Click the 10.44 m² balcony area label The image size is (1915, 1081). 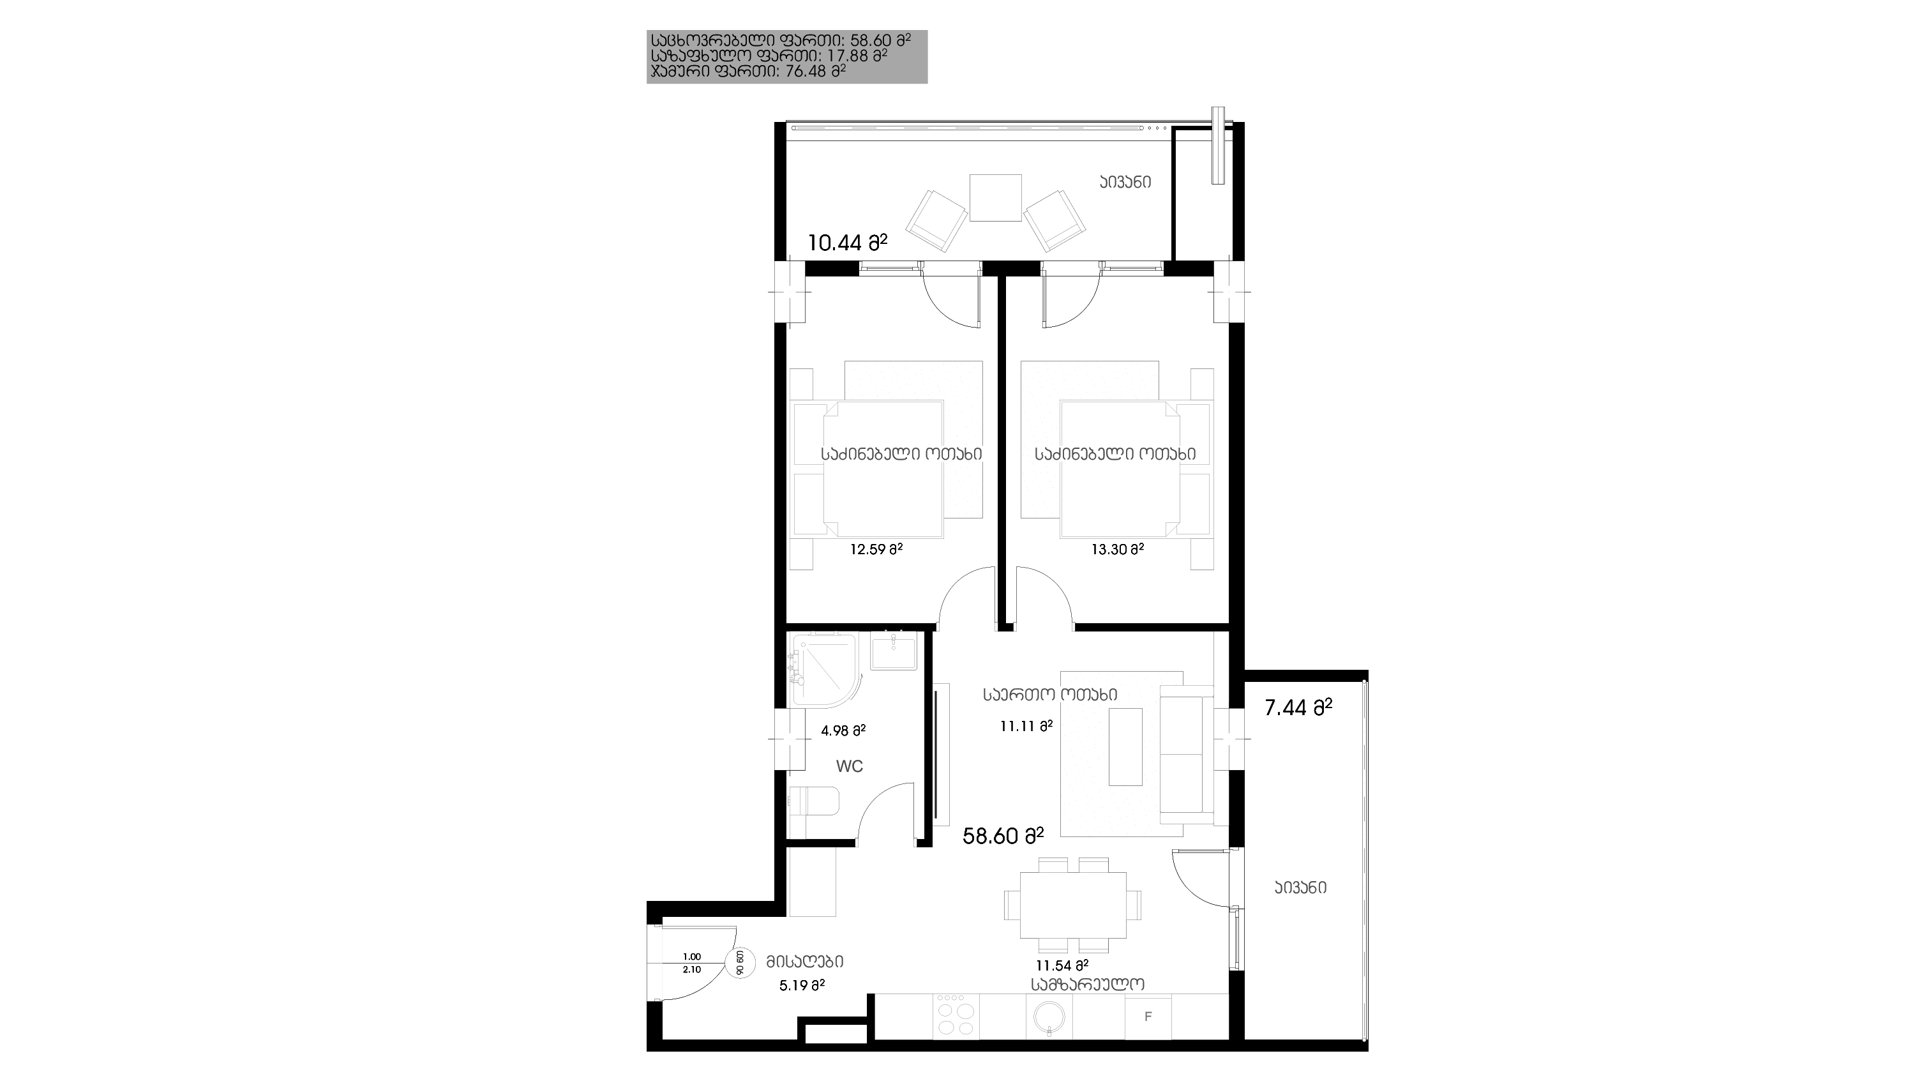pyautogui.click(x=848, y=243)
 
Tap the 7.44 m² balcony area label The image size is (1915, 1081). pyautogui.click(x=1298, y=707)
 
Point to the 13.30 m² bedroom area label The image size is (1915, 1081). pyautogui.click(x=1117, y=549)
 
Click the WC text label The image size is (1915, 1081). pyautogui.click(x=850, y=766)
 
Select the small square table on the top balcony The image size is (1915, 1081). pyautogui.click(x=995, y=198)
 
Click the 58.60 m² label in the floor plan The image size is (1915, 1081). pyautogui.click(x=1003, y=836)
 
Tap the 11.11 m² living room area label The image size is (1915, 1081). pyautogui.click(x=1026, y=725)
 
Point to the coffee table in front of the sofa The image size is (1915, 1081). pyautogui.click(x=1125, y=746)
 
